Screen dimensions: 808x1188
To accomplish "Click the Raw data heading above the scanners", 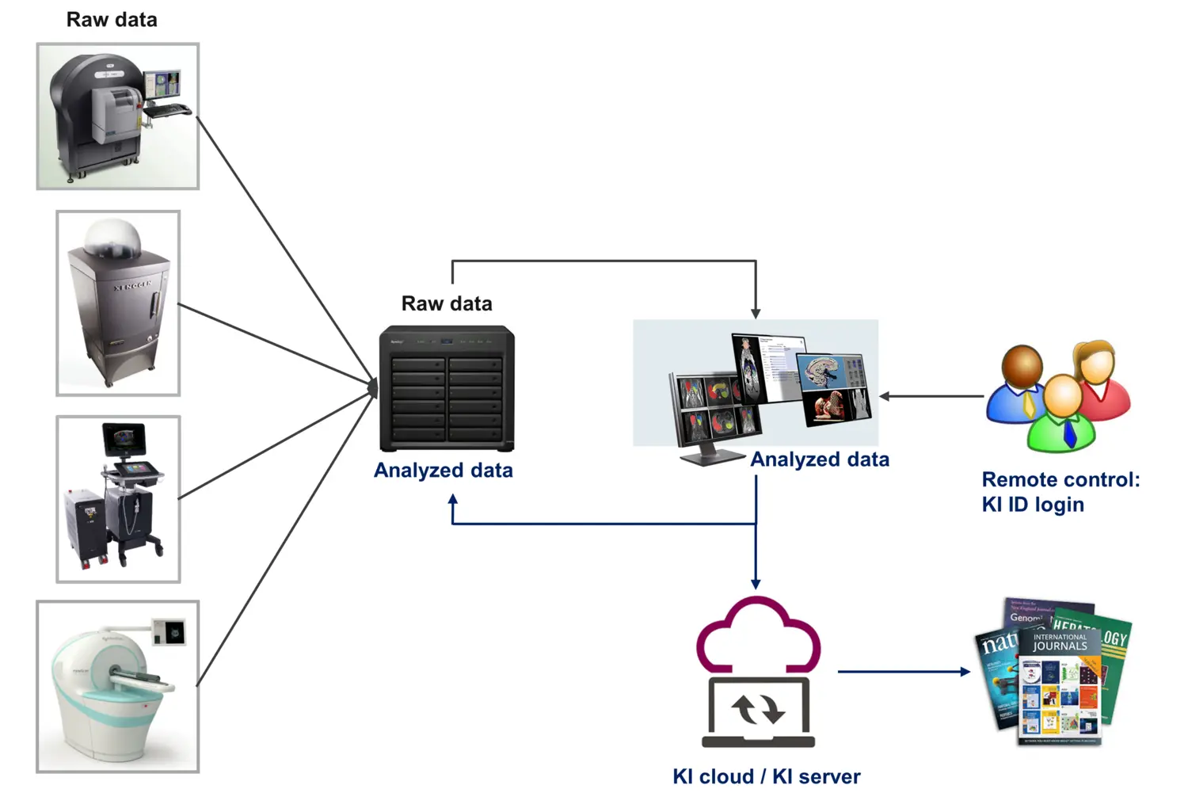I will pos(112,20).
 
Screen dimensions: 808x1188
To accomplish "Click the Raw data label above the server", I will pos(447,303).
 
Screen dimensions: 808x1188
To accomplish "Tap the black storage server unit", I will pos(447,388).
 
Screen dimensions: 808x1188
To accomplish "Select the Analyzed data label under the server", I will pos(444,471).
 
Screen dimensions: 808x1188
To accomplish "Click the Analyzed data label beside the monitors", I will pos(820,459).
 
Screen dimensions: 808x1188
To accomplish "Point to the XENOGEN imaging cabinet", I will pos(119,305).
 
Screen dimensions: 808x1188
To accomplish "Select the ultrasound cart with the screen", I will pos(119,499).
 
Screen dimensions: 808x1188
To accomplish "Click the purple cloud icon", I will pos(758,634).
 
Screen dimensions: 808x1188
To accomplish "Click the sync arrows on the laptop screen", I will pos(758,709).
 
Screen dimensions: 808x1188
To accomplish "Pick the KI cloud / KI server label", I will pos(766,776).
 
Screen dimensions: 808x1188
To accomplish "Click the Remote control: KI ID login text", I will pos(1060,492).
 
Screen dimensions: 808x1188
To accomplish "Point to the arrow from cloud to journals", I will pos(903,672).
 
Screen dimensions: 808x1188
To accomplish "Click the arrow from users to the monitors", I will pos(931,396).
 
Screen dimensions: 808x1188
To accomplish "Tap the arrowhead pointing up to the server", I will pos(453,501).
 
